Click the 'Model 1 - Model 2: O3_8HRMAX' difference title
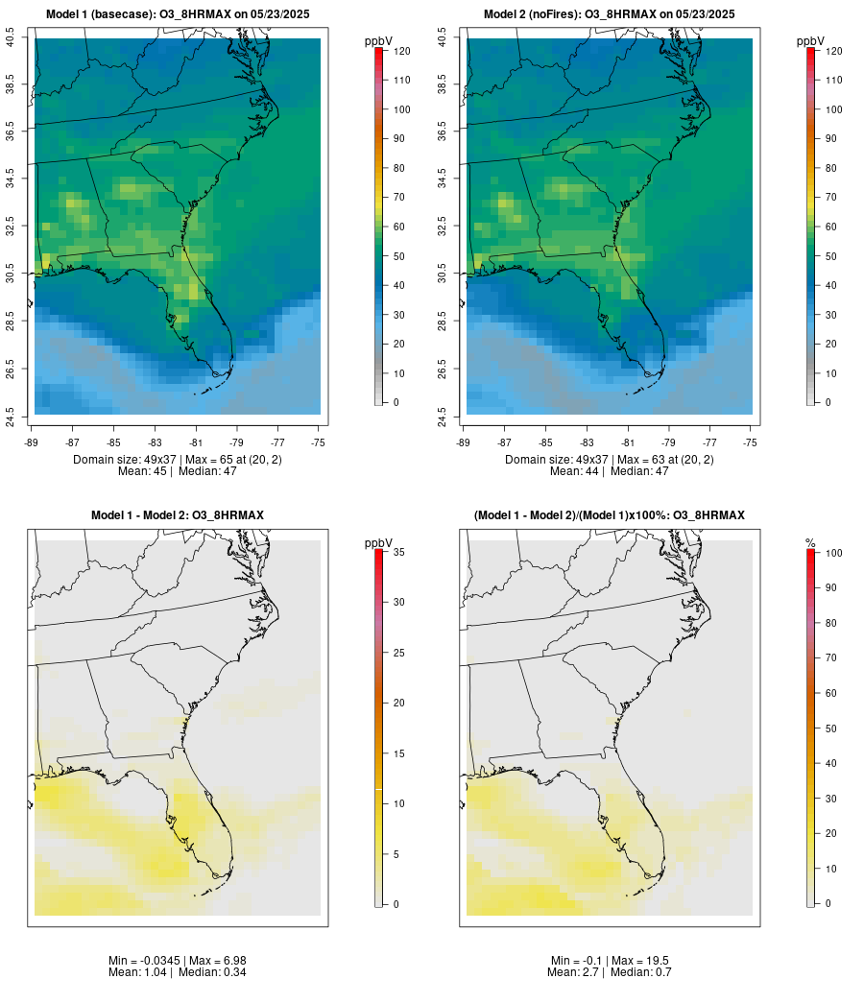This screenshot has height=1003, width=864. click(177, 515)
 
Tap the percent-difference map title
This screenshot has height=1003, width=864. click(609, 515)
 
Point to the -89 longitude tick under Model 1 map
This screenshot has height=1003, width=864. click(33, 442)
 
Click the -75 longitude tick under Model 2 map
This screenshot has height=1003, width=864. click(750, 442)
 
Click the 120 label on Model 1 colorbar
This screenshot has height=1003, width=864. click(400, 51)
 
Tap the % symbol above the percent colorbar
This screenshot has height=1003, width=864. click(810, 542)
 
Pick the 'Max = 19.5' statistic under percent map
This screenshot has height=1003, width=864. click(637, 960)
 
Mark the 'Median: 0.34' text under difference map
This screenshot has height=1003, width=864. click(205, 972)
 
